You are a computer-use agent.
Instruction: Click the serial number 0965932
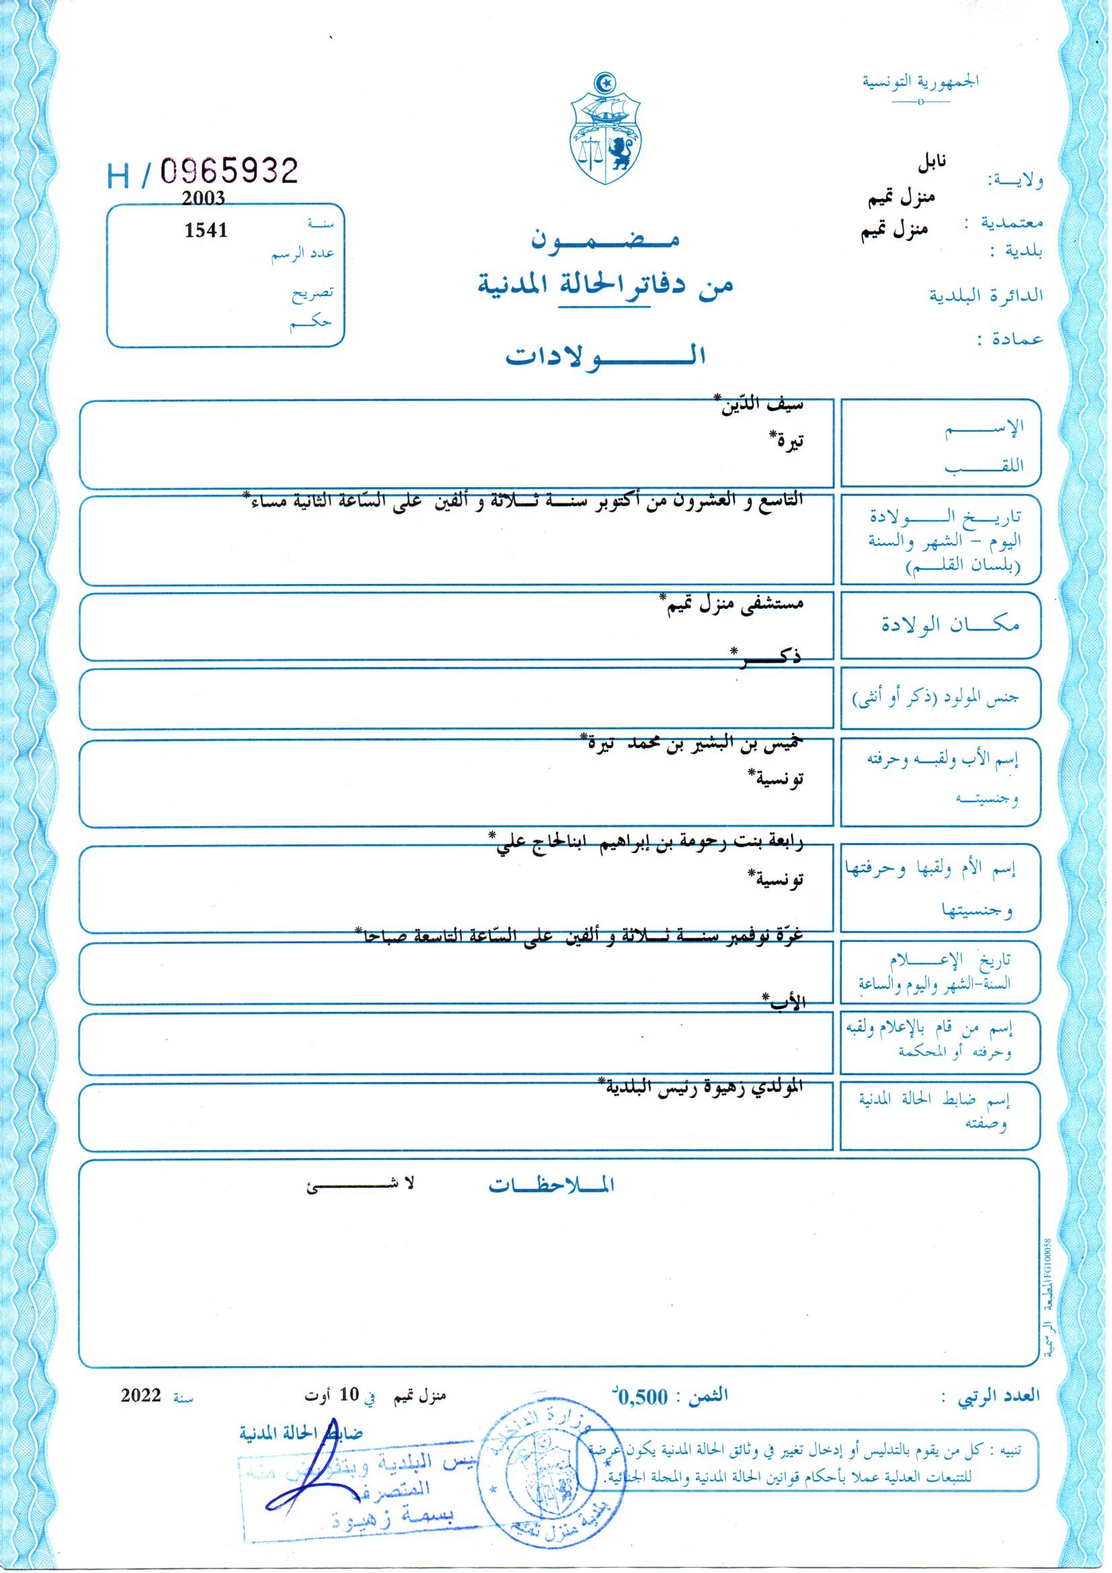click(229, 171)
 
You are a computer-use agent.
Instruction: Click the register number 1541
click(206, 230)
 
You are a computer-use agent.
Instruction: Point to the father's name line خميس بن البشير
click(692, 743)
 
